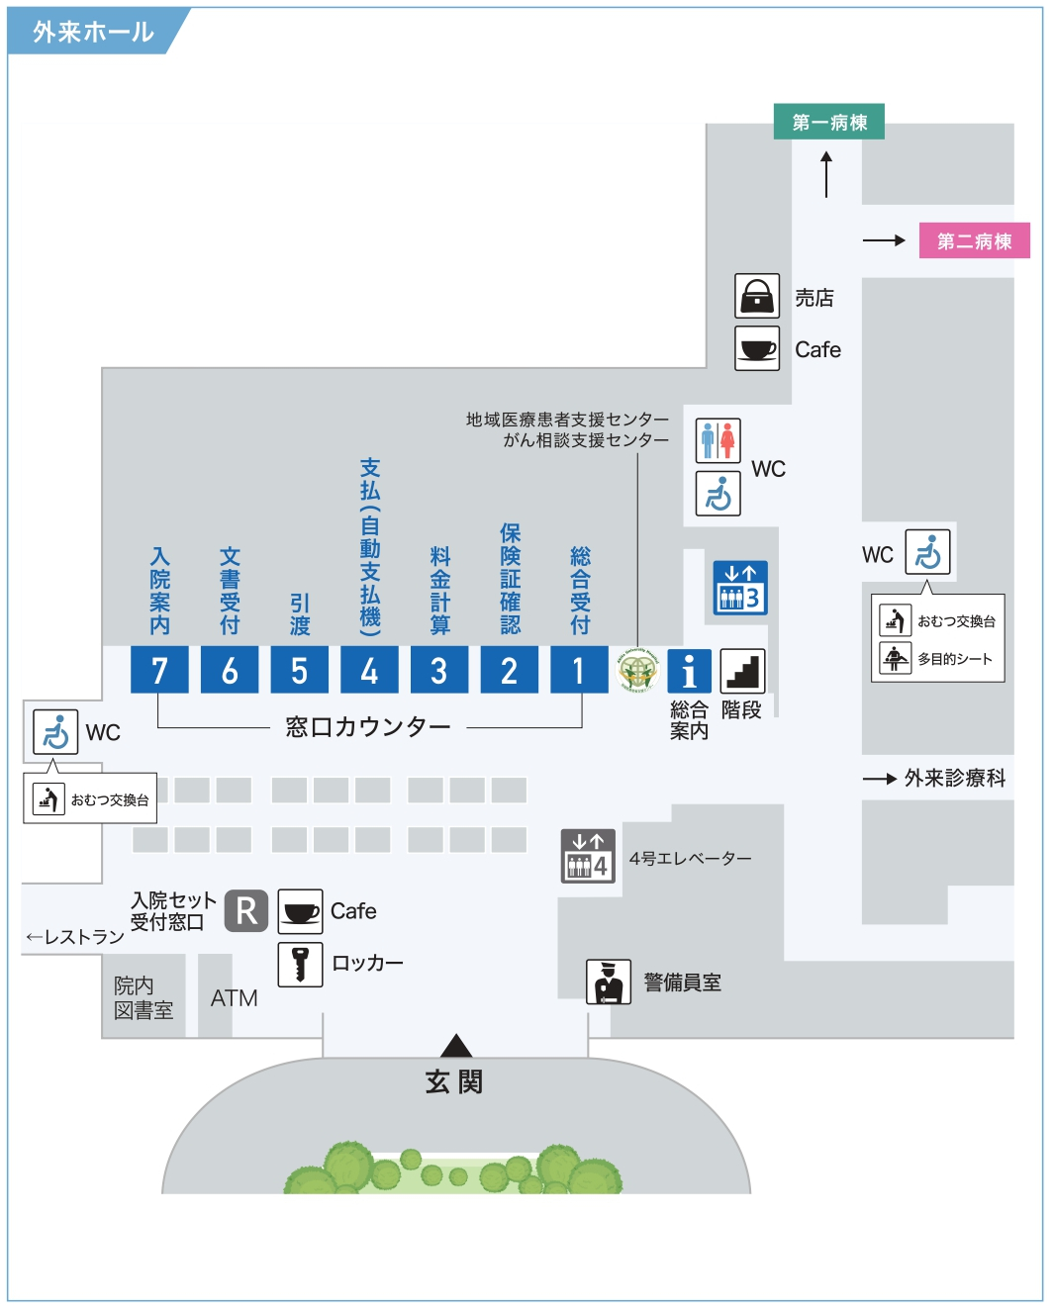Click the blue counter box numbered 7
[x=159, y=670]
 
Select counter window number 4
[x=370, y=670]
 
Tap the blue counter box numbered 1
[x=579, y=670]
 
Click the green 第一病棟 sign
[x=829, y=122]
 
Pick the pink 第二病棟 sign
[x=975, y=241]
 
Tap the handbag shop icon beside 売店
[x=757, y=296]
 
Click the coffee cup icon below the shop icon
[x=757, y=348]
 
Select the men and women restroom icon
[x=718, y=440]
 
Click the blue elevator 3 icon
[x=740, y=588]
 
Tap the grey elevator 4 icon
[x=588, y=856]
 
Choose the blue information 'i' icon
[x=690, y=671]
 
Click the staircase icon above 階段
[x=743, y=671]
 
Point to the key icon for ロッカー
[x=300, y=965]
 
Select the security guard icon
[x=609, y=982]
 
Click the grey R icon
[x=246, y=911]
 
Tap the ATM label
[x=235, y=998]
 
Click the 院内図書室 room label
[x=144, y=997]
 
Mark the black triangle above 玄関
[x=456, y=1046]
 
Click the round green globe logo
[x=637, y=670]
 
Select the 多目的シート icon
[x=896, y=659]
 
